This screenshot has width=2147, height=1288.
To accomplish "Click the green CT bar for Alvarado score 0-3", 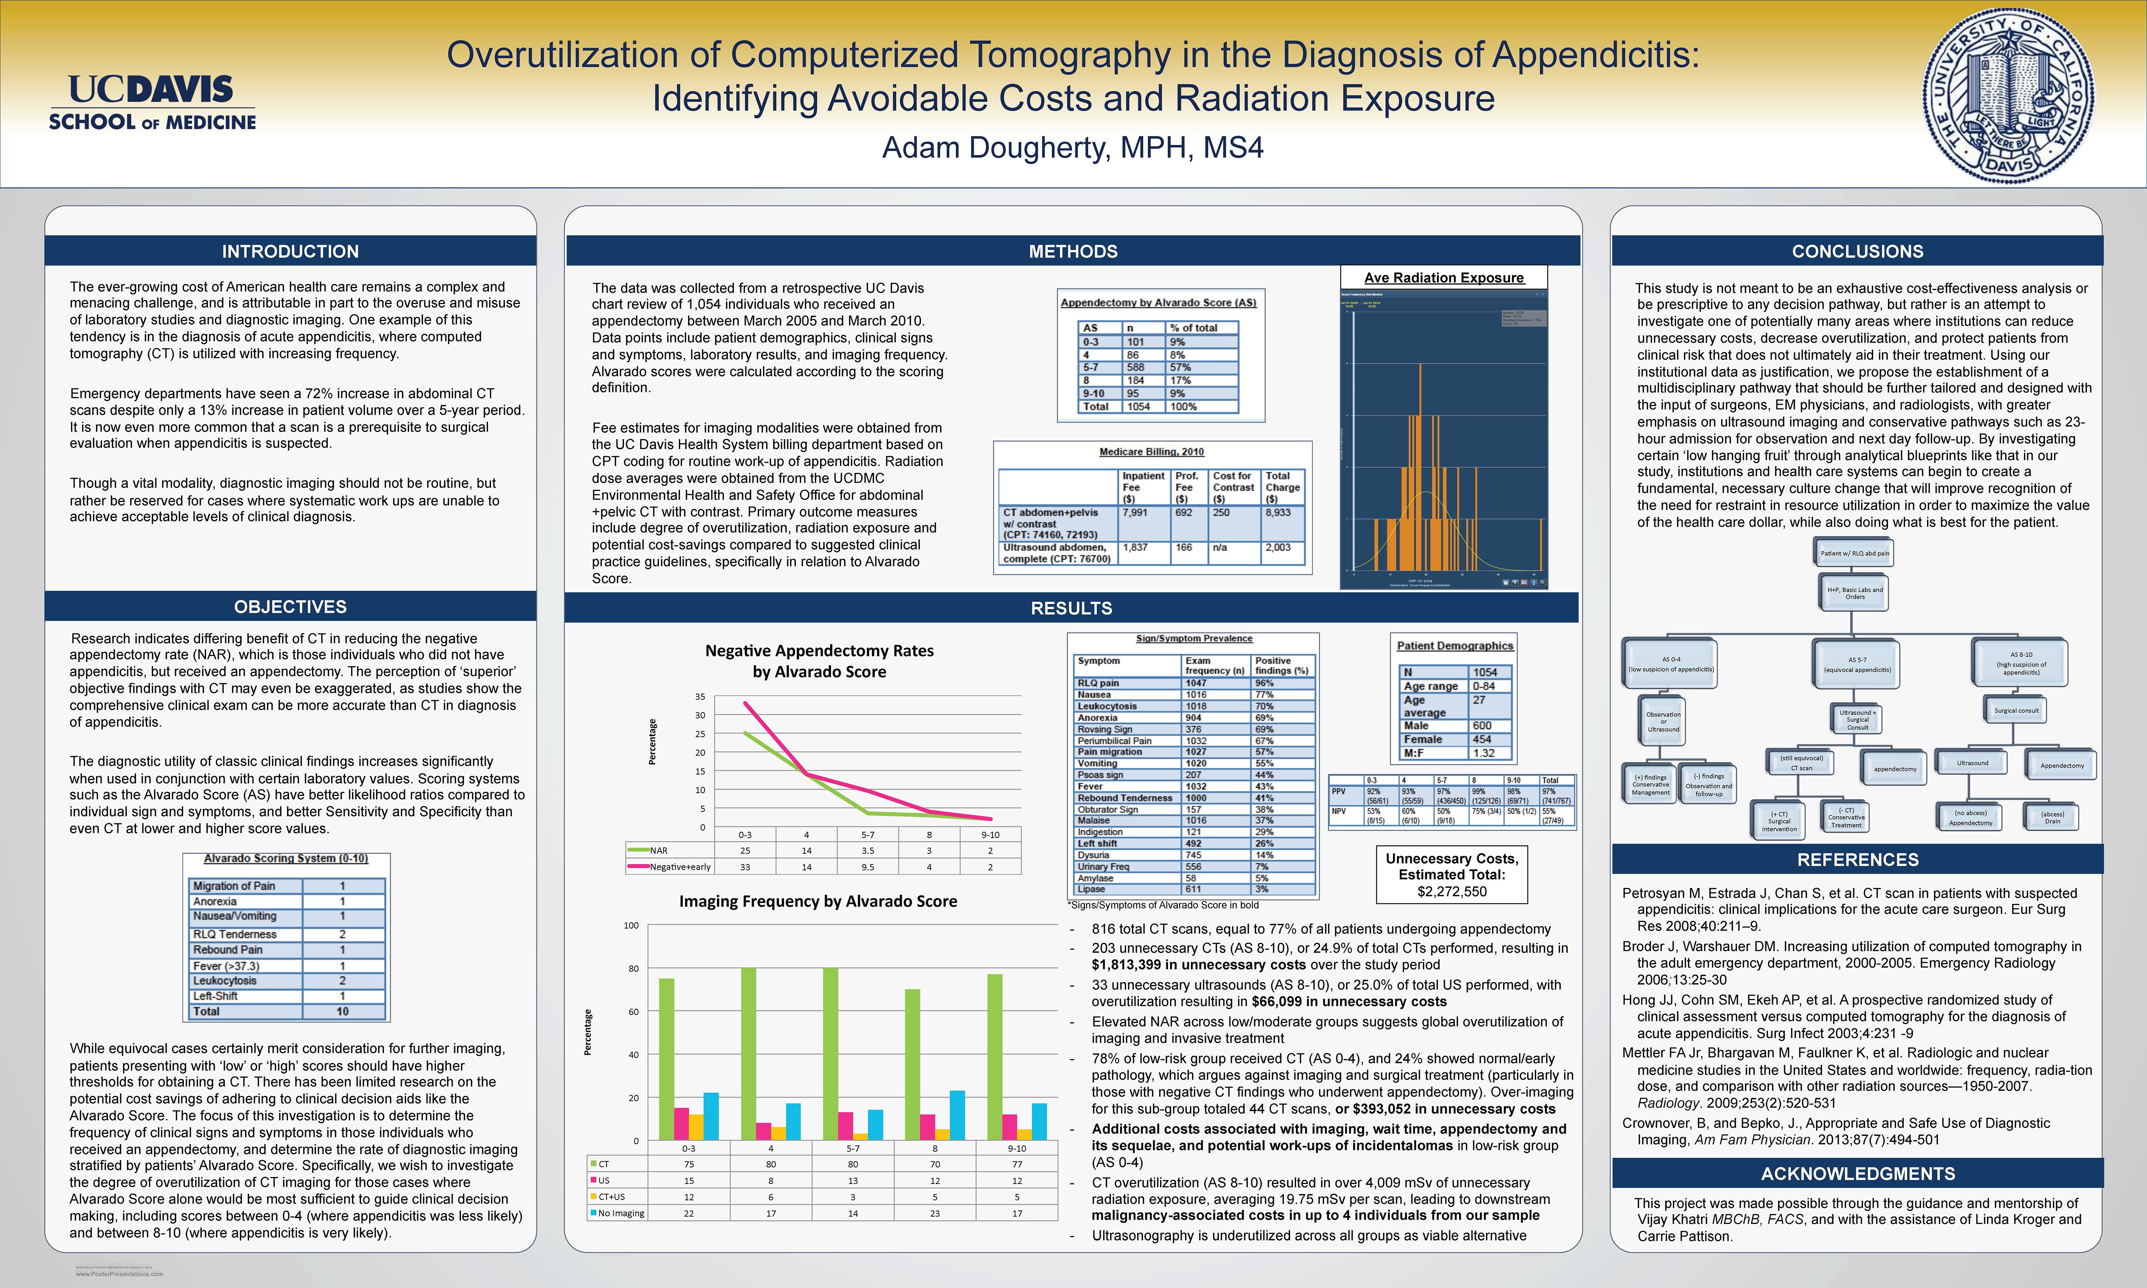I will [x=667, y=1059].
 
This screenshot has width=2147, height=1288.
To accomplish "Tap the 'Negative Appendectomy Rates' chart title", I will [x=819, y=651].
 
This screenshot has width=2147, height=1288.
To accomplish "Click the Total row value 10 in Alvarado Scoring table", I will [x=343, y=1011].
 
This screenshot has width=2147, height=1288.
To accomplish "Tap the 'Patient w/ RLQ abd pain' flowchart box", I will [x=1855, y=553].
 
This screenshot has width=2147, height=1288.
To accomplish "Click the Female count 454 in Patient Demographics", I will [x=1482, y=740].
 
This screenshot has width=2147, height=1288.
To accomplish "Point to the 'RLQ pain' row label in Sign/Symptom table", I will [x=1098, y=683].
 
